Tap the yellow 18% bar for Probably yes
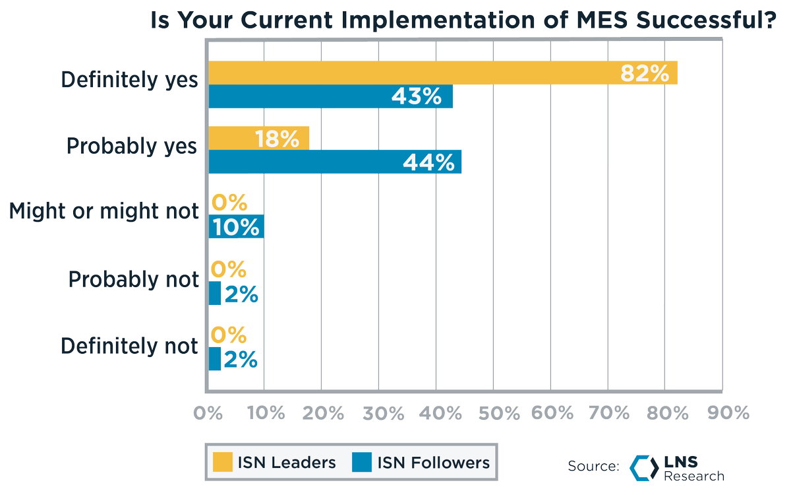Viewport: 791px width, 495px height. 259,139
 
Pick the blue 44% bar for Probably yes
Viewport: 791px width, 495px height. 335,162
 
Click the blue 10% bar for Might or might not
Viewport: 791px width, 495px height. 236,227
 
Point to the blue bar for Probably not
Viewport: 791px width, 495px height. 215,294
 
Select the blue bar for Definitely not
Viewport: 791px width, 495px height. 215,359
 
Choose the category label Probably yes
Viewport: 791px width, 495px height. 132,147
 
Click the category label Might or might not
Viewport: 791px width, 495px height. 104,211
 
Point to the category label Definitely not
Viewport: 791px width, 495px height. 129,346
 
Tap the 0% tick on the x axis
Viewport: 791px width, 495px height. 208,413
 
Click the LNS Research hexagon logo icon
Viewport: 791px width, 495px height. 643,467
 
